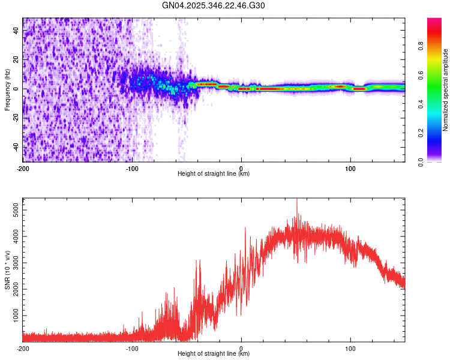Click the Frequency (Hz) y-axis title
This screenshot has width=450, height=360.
[x=7, y=89]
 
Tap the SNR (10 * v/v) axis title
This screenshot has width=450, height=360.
[x=7, y=269]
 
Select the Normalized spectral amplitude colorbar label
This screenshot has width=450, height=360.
[x=446, y=90]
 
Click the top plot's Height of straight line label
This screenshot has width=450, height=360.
[x=214, y=173]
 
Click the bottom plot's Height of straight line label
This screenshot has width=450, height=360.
[x=214, y=353]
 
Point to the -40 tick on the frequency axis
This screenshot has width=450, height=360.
[x=16, y=147]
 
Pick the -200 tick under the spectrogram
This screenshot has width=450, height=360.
[x=23, y=167]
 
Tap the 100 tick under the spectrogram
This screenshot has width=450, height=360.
[x=350, y=167]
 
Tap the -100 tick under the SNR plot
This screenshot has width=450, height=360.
[x=132, y=347]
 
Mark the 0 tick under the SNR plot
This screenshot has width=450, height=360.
[x=241, y=347]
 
